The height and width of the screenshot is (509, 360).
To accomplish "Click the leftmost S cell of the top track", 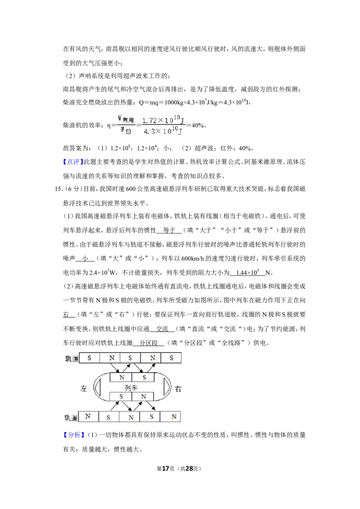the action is [x=90, y=358].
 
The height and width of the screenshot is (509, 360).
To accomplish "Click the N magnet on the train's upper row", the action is [x=122, y=378].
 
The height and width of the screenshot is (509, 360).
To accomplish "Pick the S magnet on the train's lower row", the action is [x=121, y=397].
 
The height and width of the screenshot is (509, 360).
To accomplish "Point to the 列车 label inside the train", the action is [x=131, y=388].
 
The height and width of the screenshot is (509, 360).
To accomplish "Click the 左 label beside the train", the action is [x=84, y=388].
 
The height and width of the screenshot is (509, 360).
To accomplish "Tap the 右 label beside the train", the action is [x=178, y=388].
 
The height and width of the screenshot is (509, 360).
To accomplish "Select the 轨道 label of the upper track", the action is [x=72, y=358].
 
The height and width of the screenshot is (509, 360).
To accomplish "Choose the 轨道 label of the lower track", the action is [x=71, y=417].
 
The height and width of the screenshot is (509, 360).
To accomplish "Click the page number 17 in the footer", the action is [x=166, y=469].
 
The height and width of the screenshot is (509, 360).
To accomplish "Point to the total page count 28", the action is [x=189, y=469].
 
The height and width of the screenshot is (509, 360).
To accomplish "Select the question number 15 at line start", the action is [x=58, y=189].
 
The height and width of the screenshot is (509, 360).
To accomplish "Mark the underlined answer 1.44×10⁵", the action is [x=247, y=272].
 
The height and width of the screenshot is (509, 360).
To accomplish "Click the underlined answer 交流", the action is [x=162, y=329].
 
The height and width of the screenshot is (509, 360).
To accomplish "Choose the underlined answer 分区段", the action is [x=148, y=343].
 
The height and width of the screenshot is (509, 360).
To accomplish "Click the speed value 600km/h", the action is [x=193, y=259].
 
